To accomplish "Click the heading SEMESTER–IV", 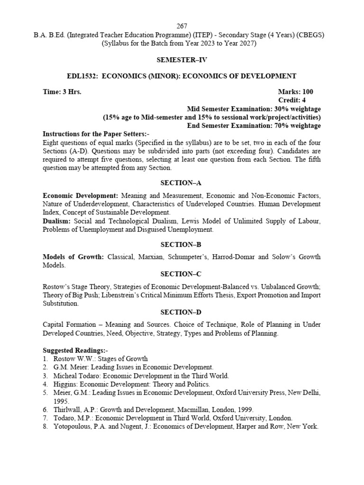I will [x=182, y=60].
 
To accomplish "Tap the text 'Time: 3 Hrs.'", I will [x=62, y=91].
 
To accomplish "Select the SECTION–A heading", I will [x=182, y=183].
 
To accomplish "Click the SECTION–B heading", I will [x=182, y=244].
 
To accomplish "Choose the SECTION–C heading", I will [x=182, y=274].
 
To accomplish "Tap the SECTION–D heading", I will [x=182, y=312].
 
